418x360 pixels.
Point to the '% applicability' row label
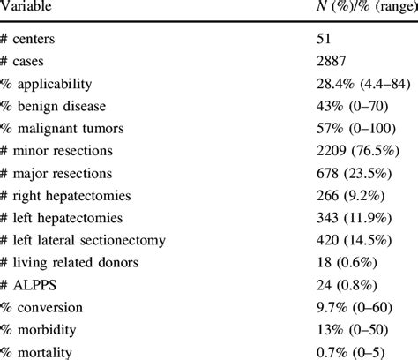[x=53, y=86]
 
